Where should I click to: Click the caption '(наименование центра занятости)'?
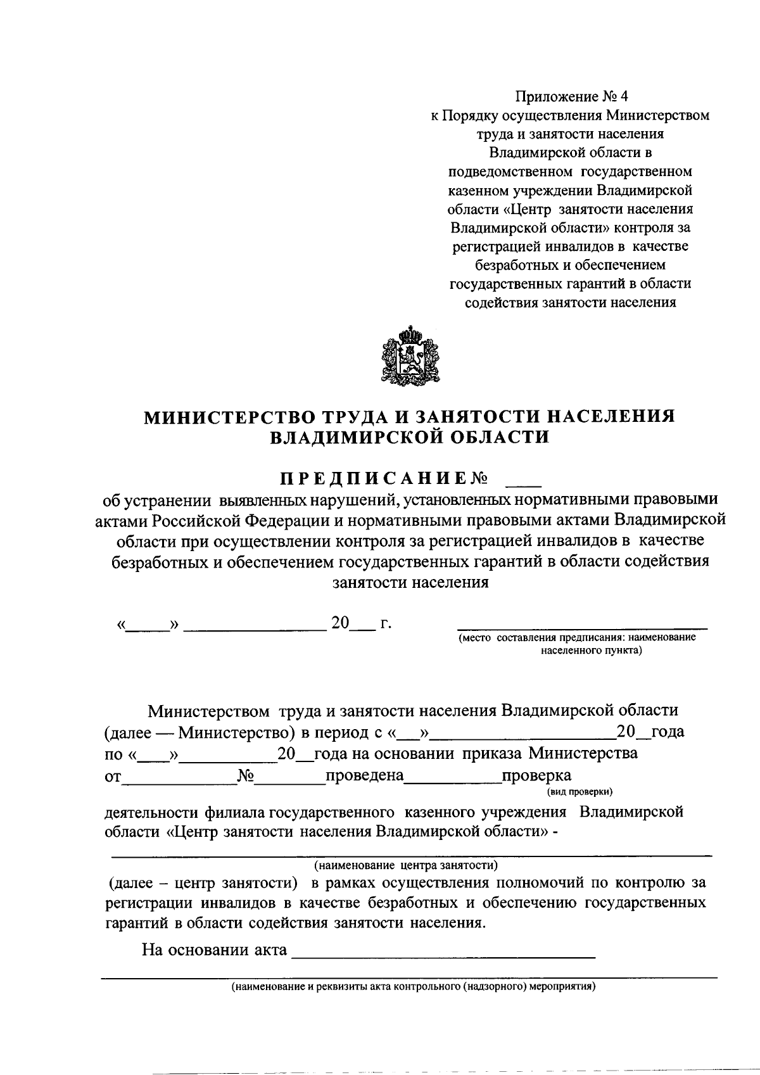tap(406, 864)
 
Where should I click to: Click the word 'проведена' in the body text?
tap(364, 775)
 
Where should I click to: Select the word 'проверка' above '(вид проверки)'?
tap(536, 775)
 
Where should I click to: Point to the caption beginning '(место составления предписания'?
tap(577, 638)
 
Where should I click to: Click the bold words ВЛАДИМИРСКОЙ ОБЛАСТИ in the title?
tap(408, 437)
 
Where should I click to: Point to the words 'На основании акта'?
tap(215, 950)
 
